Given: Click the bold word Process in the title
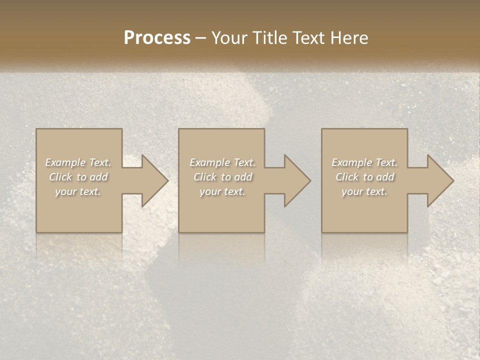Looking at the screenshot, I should [x=157, y=38].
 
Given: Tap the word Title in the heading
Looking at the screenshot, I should [x=269, y=38].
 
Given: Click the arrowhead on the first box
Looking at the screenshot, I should [x=153, y=180].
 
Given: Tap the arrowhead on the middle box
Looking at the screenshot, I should [x=295, y=180].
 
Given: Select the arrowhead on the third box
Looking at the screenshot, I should [x=438, y=180].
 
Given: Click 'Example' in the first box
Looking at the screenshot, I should [x=65, y=162].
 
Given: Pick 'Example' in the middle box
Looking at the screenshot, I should [x=209, y=162].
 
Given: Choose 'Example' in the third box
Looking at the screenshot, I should [x=351, y=162].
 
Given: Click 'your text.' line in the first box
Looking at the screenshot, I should [x=78, y=191].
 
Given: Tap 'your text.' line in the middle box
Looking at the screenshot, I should [x=222, y=191].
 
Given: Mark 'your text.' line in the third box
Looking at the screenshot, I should [x=364, y=191].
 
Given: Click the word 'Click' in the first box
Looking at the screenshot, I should [x=60, y=177].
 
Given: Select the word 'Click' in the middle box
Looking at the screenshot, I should [x=205, y=177].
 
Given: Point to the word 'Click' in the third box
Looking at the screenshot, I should [x=347, y=177].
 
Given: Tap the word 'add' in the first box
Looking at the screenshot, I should [x=99, y=177].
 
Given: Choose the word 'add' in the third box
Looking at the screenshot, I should [x=386, y=177].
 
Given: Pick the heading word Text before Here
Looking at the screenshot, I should [x=309, y=38].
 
